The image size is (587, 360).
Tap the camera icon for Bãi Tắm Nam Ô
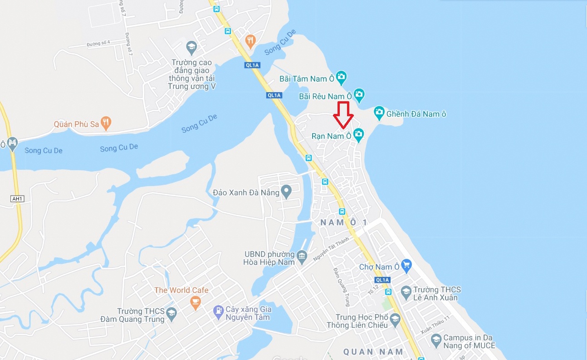[x=342, y=78]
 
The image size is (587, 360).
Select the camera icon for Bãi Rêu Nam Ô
[x=359, y=95]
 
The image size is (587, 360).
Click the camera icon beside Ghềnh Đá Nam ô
[x=379, y=113]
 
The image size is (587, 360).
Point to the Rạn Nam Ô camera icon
[x=358, y=135]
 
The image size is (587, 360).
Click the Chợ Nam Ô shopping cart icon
[x=406, y=266]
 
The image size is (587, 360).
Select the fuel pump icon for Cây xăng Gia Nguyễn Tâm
[x=218, y=311]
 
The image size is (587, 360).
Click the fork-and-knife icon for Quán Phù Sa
[x=106, y=123]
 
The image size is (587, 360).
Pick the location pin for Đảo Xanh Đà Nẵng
[x=286, y=192]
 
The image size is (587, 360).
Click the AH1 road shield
[x=16, y=198]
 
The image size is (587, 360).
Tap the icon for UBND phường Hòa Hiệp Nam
[x=302, y=258]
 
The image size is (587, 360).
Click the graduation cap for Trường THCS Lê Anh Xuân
[x=406, y=293]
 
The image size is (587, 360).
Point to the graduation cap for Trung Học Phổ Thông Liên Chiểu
[x=395, y=320]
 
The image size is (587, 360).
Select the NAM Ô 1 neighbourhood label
[x=343, y=222]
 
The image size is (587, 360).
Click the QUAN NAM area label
[x=373, y=351]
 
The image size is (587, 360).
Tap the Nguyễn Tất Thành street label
[x=331, y=249]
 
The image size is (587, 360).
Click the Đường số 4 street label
[x=98, y=44]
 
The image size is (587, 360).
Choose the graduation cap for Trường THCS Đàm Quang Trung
[x=171, y=314]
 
